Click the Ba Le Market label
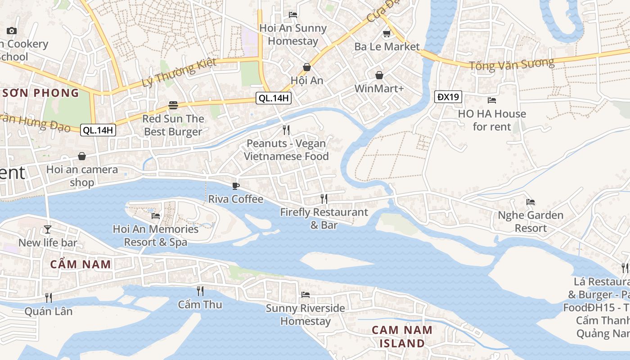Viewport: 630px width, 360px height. (387, 46)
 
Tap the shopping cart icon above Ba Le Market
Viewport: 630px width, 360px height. (386, 33)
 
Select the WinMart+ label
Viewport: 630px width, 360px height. (379, 88)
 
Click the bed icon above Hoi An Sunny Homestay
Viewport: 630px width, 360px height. (293, 14)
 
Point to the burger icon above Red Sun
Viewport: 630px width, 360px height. (173, 105)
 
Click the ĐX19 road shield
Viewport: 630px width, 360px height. (449, 96)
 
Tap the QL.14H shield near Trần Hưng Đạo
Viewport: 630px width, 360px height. (98, 130)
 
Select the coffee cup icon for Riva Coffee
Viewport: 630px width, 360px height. (236, 186)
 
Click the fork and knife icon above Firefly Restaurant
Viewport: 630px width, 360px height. (324, 198)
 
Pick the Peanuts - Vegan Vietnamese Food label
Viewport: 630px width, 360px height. (286, 150)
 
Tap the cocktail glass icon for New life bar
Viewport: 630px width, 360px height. (48, 229)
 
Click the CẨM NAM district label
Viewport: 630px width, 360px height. (81, 264)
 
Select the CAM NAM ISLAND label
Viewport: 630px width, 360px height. (402, 337)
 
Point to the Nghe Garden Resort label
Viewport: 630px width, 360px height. (531, 221)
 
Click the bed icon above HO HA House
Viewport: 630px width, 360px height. (492, 100)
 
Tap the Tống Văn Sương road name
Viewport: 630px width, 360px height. (512, 64)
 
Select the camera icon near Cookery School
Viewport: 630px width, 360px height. (12, 31)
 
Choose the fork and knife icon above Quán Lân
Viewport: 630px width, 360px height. (48, 297)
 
